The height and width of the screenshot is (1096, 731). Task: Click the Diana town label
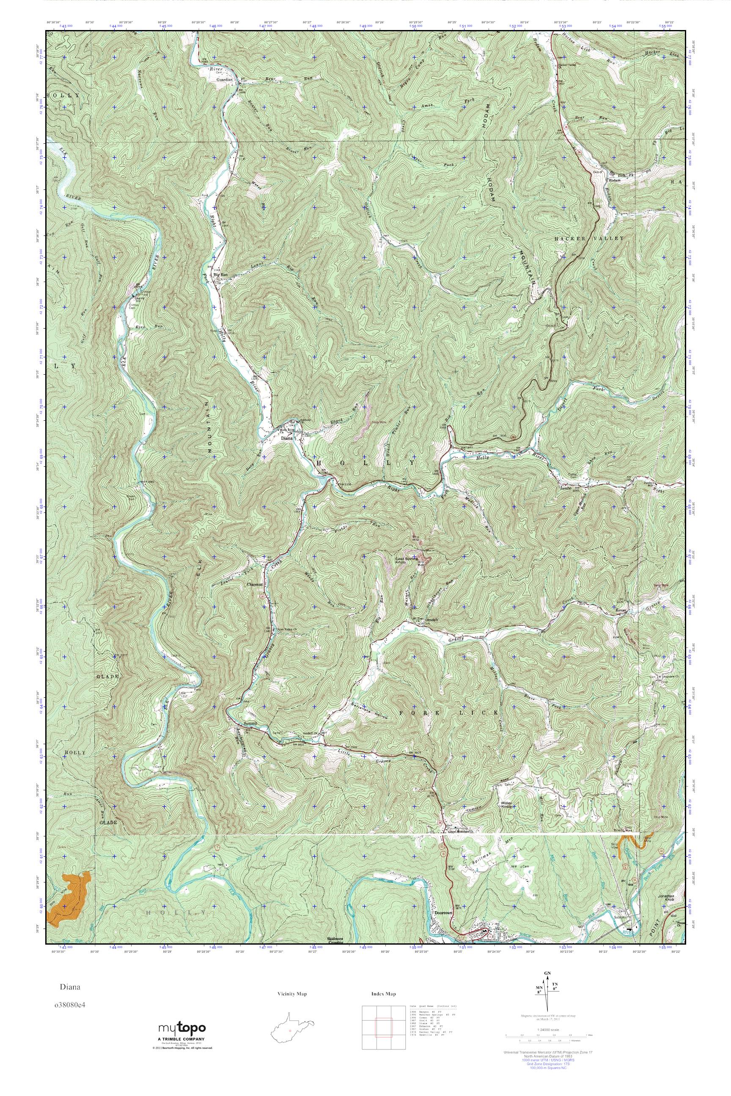[286, 438]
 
